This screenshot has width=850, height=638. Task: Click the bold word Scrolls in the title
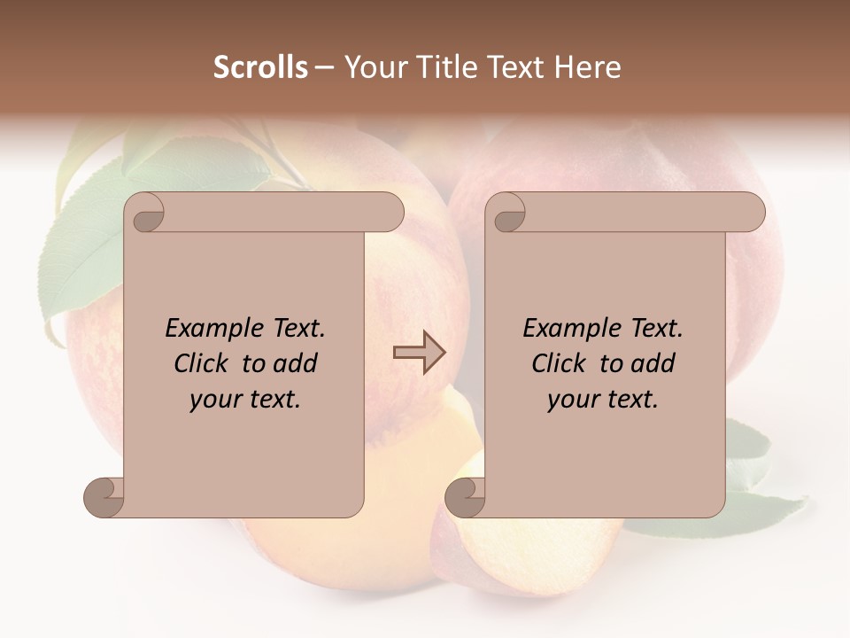pyautogui.click(x=260, y=67)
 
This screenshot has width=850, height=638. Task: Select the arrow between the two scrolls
pyautogui.click(x=419, y=353)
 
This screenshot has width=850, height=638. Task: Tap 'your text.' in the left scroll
pyautogui.click(x=245, y=400)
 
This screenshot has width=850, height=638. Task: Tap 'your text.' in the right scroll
pyautogui.click(x=603, y=400)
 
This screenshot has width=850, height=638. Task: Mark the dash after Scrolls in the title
pyautogui.click(x=324, y=67)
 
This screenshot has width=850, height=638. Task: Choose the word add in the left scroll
pyautogui.click(x=297, y=363)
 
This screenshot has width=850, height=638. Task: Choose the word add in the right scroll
pyautogui.click(x=654, y=363)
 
